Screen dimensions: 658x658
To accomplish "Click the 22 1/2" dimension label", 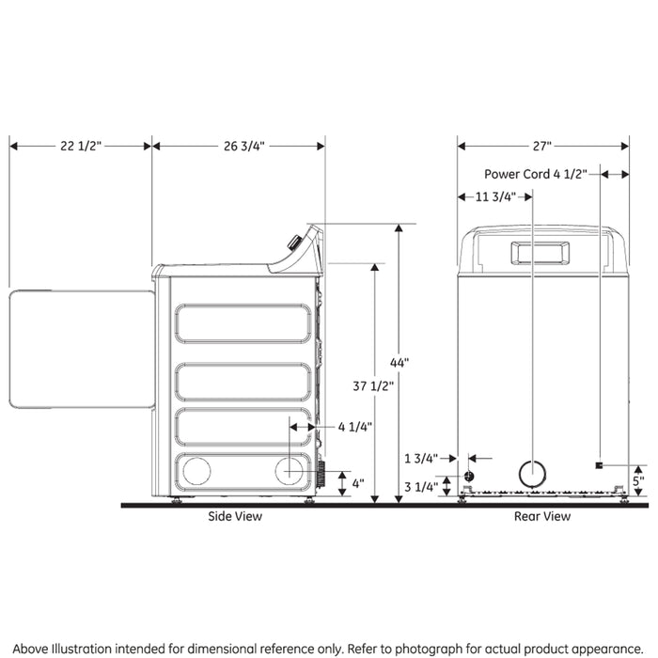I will pyautogui.click(x=80, y=146).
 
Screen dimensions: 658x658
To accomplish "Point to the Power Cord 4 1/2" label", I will pyautogui.click(x=536, y=174).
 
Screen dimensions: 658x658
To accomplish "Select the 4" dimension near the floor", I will pyautogui.click(x=359, y=483).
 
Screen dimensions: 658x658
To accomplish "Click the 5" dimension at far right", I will pyautogui.click(x=638, y=478).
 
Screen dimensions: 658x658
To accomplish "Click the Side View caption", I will pyautogui.click(x=235, y=516).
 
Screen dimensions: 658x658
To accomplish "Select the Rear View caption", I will pyautogui.click(x=541, y=516).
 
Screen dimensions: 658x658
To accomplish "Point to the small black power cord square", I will pyautogui.click(x=599, y=466).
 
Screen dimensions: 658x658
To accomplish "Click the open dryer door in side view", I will pyautogui.click(x=82, y=349).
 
